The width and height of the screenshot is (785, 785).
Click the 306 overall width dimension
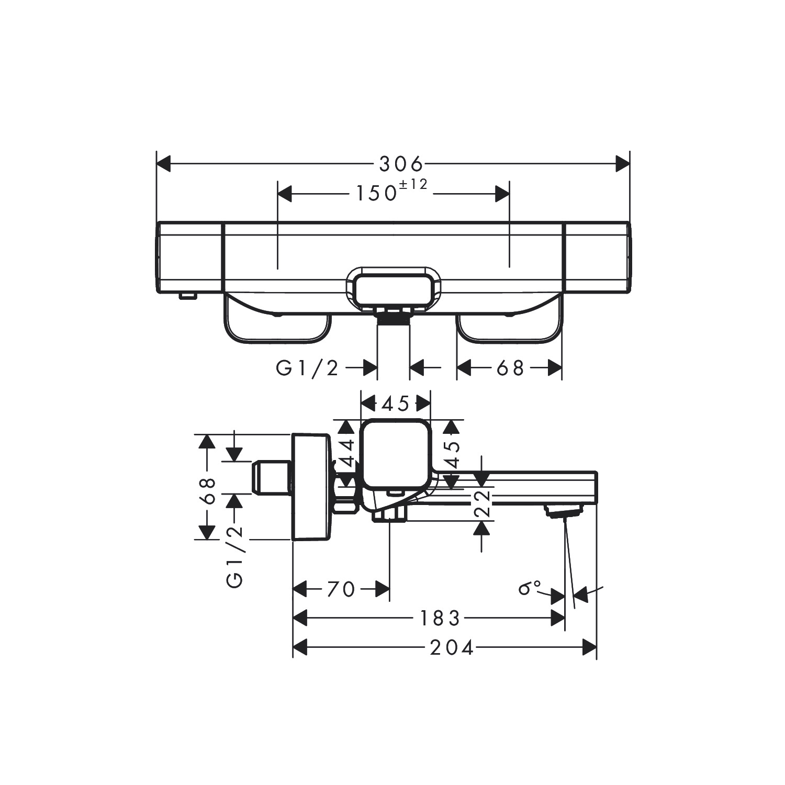point(400,164)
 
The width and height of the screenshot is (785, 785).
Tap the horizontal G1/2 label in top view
point(307,369)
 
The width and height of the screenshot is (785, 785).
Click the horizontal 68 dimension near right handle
point(510,368)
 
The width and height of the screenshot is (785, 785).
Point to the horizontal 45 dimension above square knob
point(396,403)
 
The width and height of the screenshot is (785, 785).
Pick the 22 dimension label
point(486,503)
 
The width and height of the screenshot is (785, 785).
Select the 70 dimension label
point(341,590)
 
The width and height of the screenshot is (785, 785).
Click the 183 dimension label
point(440,619)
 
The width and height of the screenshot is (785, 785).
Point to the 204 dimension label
point(452,648)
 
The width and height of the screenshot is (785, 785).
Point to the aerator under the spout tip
point(564,511)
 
